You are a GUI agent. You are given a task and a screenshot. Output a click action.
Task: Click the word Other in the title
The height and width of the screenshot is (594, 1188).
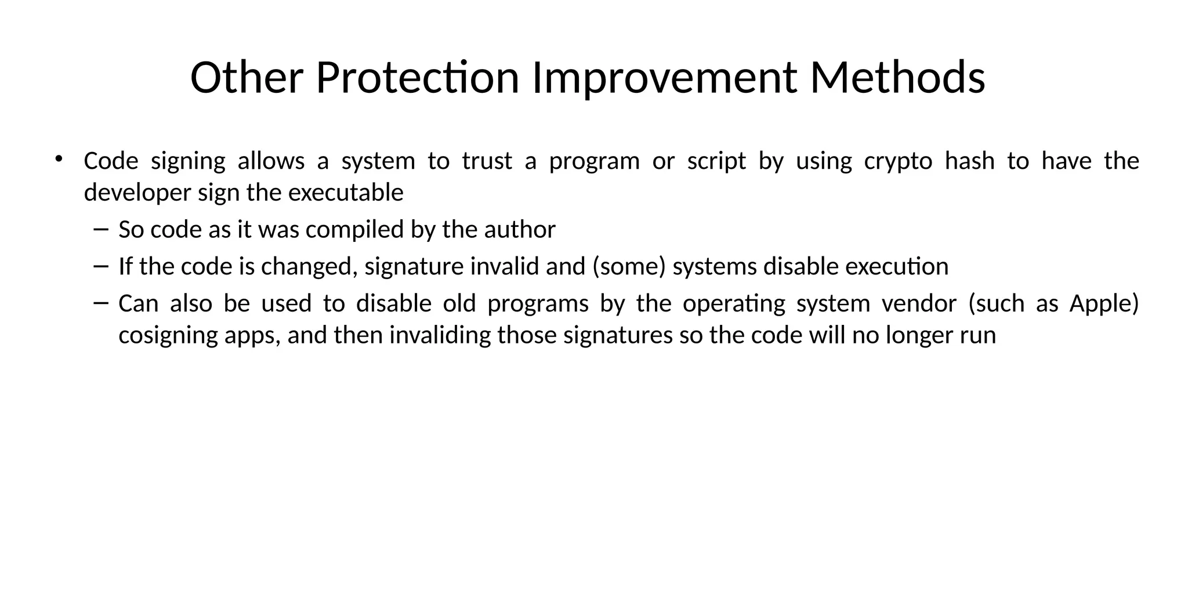point(247,78)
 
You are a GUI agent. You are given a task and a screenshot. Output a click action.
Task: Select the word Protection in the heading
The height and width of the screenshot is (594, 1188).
point(417,78)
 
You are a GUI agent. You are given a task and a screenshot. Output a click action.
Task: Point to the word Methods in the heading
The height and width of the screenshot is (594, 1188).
point(897,78)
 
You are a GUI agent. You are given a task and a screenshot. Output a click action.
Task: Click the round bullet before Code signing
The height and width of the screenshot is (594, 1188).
point(58,159)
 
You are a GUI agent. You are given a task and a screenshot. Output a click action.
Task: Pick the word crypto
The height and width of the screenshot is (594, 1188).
point(898,161)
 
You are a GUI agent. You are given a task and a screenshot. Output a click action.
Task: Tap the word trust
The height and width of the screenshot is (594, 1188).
point(487,161)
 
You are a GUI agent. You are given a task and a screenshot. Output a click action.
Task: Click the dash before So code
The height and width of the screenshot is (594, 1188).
point(100,230)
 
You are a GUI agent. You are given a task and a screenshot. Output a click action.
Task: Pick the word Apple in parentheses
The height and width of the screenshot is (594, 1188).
point(1104,303)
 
